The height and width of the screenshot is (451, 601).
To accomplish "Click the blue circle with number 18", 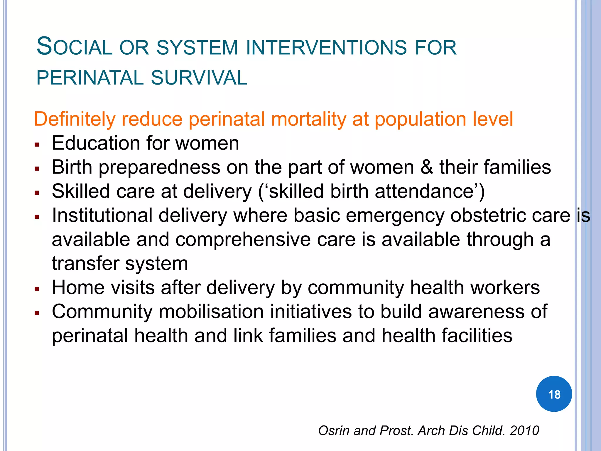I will point(554,394).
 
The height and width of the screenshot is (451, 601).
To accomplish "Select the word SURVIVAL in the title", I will point(199,78).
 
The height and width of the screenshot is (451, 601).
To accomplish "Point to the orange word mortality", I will point(308,119).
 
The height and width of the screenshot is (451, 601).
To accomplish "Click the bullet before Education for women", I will point(37,144).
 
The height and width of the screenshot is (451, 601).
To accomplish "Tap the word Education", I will point(96,143).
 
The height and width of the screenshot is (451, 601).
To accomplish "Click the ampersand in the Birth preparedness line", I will point(426,167).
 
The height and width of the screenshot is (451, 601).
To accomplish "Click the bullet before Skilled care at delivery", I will point(37,193).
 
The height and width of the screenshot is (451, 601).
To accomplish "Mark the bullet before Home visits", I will point(37,289).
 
